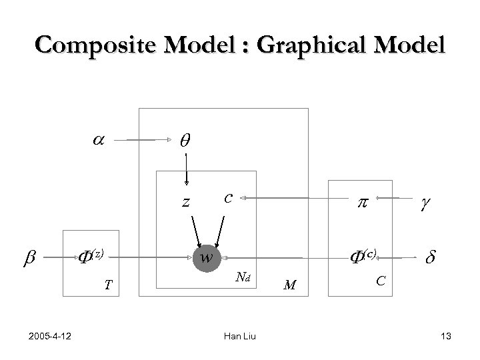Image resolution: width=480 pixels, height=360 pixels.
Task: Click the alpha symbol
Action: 97,141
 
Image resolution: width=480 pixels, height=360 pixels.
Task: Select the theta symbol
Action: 185,141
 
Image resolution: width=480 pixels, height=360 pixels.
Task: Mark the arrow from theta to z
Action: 186,167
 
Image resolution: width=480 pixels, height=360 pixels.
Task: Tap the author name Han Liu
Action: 239,338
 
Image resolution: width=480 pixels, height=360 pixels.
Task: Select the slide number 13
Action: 446,338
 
